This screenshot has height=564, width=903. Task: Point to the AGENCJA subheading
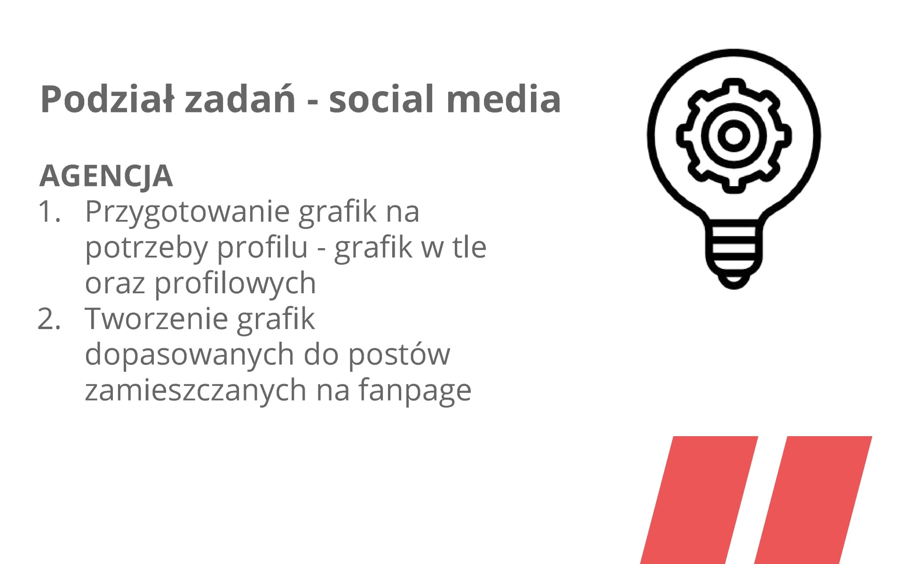[x=106, y=176]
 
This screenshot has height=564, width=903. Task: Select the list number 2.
[x=49, y=319]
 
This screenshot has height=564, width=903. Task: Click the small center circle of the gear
[x=733, y=136]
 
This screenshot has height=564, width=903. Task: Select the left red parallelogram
[x=699, y=500]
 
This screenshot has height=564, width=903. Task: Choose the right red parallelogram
[x=814, y=500]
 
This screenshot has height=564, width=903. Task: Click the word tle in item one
[x=470, y=247]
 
